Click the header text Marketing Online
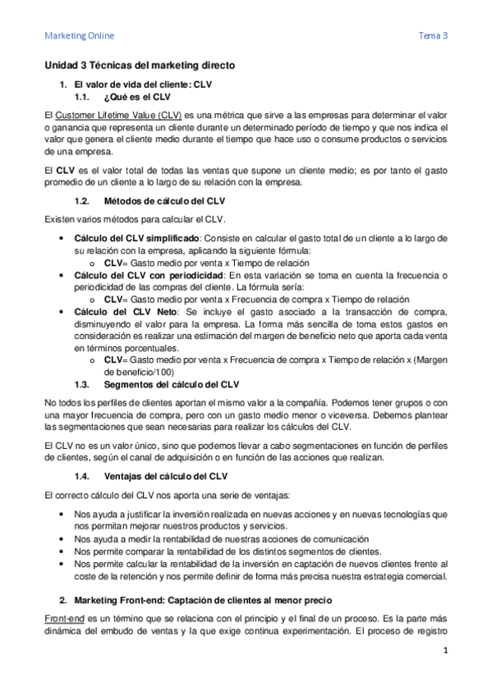(79, 36)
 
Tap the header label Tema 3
(433, 36)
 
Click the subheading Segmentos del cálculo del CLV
(172, 384)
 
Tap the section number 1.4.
(81, 476)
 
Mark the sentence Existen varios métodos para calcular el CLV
(139, 219)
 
